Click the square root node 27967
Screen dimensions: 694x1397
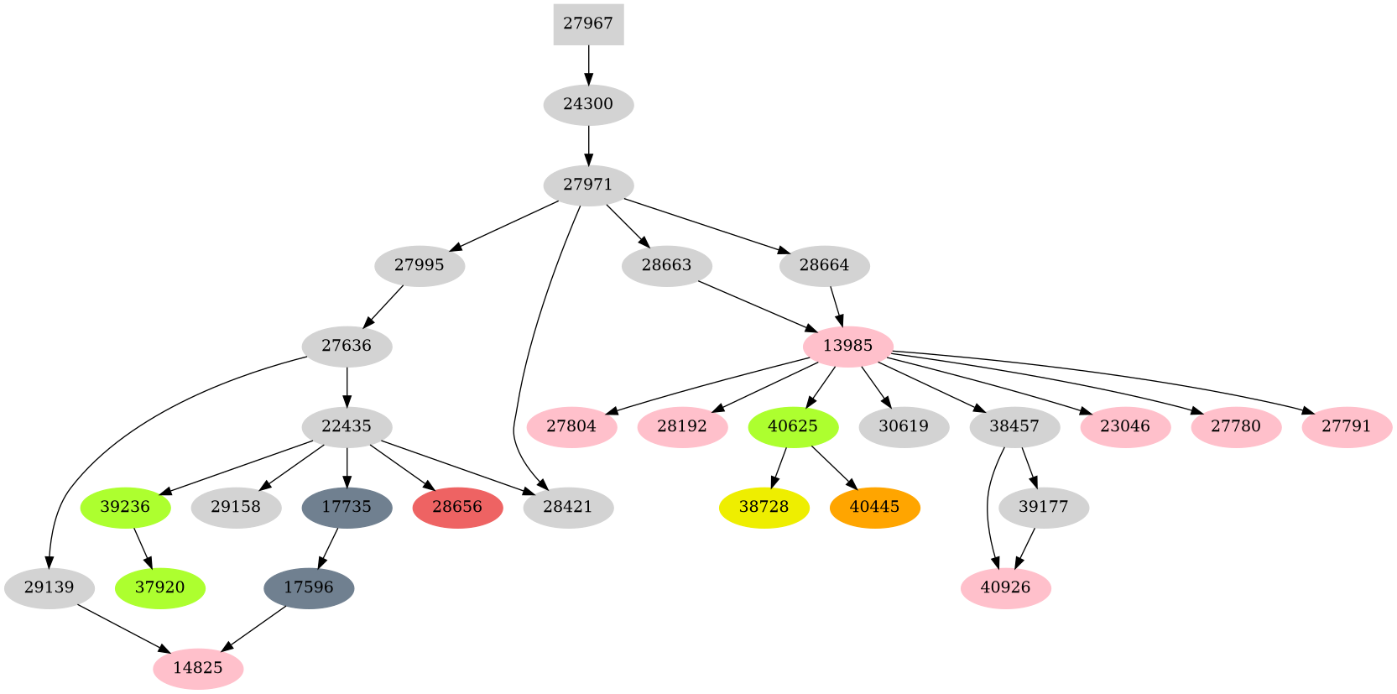tap(588, 24)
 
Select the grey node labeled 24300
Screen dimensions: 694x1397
tap(588, 105)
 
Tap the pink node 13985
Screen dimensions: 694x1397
tap(847, 347)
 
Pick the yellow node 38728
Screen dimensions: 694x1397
tap(764, 508)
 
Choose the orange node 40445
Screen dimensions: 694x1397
tap(874, 508)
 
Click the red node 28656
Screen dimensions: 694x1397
tap(457, 508)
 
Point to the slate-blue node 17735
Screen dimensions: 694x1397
tap(347, 508)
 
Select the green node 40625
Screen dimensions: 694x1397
tap(792, 427)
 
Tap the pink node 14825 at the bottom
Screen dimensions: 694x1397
tap(198, 669)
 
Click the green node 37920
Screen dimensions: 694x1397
tap(159, 588)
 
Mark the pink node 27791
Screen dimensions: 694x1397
tap(1347, 427)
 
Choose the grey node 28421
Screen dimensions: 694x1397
tap(568, 508)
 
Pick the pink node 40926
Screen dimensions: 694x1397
tap(1005, 588)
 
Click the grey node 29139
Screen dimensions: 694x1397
tap(50, 588)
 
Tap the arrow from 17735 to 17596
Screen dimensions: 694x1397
tap(328, 548)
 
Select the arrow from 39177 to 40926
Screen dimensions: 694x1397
tap(1025, 548)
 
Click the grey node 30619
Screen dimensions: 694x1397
tap(904, 427)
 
